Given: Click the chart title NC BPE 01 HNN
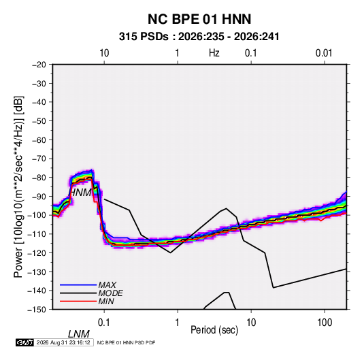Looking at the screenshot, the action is coord(199,19).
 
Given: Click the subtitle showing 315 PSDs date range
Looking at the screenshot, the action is coord(199,37).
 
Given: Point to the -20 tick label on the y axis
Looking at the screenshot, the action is coord(39,65).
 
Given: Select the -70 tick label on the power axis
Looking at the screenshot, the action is coord(39,159).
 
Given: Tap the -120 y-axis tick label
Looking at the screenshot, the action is coord(37,252).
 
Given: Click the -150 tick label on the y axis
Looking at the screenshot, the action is coord(37,310).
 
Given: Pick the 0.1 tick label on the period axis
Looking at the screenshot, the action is coord(104,323).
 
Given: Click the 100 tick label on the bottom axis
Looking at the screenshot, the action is coord(325,323).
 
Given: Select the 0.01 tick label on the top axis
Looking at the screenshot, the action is coord(324,53).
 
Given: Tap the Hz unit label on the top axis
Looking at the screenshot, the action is coord(214,53).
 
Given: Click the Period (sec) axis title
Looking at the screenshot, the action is coord(214,330).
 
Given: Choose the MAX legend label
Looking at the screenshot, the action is coord(107,284).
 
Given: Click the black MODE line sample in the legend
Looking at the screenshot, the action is coord(78,293).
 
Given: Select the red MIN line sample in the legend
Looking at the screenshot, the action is coord(78,301).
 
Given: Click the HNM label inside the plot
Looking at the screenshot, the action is coord(80,193).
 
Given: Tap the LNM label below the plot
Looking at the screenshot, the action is coord(79,334).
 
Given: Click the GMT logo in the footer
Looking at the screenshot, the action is coord(25,342).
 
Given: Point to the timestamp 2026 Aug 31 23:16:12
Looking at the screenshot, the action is coord(63,342).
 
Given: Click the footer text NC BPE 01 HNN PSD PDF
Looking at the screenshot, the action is coord(126,342).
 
